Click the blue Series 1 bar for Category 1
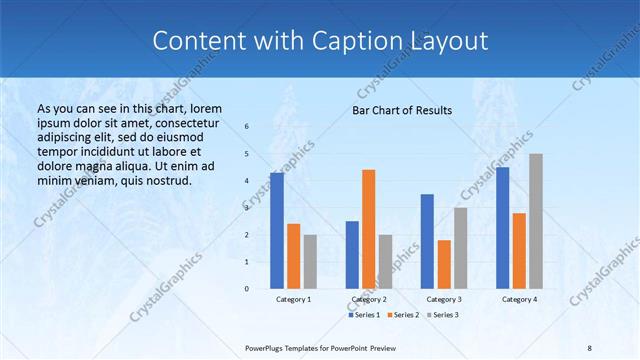click(x=277, y=230)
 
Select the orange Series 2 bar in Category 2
click(x=368, y=228)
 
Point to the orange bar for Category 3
click(x=444, y=263)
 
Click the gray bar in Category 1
click(x=310, y=261)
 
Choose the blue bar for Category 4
click(x=502, y=227)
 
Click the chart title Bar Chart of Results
click(x=402, y=110)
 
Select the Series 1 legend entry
click(x=364, y=315)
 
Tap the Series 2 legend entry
click(x=402, y=315)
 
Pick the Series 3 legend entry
click(x=442, y=315)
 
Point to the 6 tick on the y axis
click(x=247, y=127)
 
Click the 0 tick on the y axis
click(x=247, y=288)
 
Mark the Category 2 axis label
click(x=368, y=299)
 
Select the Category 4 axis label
click(x=519, y=299)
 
